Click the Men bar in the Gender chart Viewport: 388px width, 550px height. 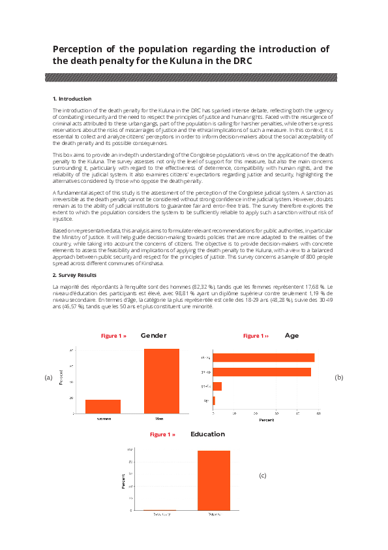pyautogui.click(x=161, y=381)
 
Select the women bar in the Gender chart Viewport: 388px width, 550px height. pyautogui.click(x=103, y=406)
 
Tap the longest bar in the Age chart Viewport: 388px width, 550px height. pyautogui.click(x=264, y=357)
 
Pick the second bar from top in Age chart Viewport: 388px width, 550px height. pyautogui.click(x=262, y=372)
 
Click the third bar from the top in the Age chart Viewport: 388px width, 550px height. pyautogui.click(x=218, y=386)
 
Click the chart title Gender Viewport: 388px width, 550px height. pyautogui.click(x=153, y=336)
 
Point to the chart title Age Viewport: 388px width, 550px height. pyautogui.click(x=291, y=336)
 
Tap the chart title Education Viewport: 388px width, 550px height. pyautogui.click(x=207, y=434)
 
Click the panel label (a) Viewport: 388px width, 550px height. pyautogui.click(x=48, y=378)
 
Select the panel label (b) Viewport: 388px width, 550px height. pyautogui.click(x=338, y=378)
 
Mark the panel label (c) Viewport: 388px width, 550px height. pyautogui.click(x=263, y=476)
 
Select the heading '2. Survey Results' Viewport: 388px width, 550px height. pyautogui.click(x=76, y=276)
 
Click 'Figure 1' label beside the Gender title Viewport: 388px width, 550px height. pyautogui.click(x=113, y=336)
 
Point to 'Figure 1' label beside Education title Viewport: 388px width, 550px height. pyautogui.click(x=162, y=434)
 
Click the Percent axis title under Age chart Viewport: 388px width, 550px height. pyautogui.click(x=266, y=420)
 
